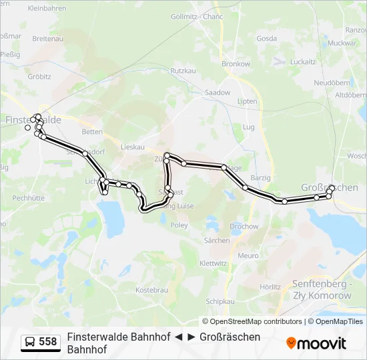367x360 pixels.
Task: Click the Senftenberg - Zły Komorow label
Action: [322, 289]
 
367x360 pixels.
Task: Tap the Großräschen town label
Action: [330, 188]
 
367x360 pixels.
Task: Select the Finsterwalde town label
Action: [33, 119]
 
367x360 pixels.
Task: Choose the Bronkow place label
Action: [236, 64]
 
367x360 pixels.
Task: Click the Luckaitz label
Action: [303, 61]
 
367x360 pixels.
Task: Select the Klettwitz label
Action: [214, 263]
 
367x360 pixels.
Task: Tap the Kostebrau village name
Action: [151, 290]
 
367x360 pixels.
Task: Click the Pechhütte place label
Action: [28, 197]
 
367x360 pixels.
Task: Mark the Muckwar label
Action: [343, 43]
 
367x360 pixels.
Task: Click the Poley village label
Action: [179, 225]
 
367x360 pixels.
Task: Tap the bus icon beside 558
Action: [31, 342]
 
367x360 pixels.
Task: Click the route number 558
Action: [48, 342]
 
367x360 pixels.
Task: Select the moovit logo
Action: [316, 343]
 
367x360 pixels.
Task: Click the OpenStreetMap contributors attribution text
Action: [252, 321]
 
